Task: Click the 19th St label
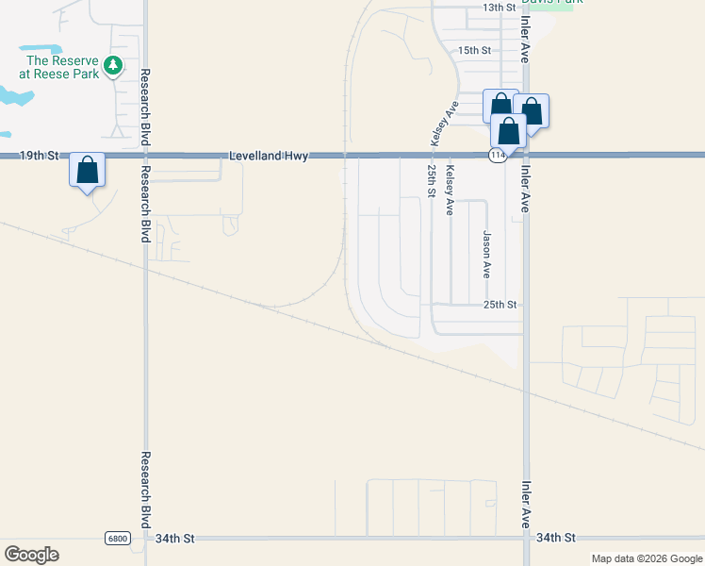(x=40, y=154)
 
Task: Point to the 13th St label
(x=500, y=7)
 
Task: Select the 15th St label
(x=474, y=50)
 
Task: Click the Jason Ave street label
(x=487, y=255)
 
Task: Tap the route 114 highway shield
(x=499, y=155)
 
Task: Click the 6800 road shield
(x=117, y=538)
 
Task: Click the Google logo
(x=31, y=555)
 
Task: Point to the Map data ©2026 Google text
(x=647, y=558)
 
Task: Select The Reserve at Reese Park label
(x=58, y=67)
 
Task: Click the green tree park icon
(x=113, y=65)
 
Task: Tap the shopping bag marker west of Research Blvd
(x=87, y=172)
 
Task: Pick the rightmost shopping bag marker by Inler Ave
(x=532, y=112)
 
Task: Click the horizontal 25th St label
(x=500, y=305)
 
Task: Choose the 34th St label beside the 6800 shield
(x=174, y=538)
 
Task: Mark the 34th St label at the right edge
(x=555, y=538)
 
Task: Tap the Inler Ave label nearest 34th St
(x=526, y=505)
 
